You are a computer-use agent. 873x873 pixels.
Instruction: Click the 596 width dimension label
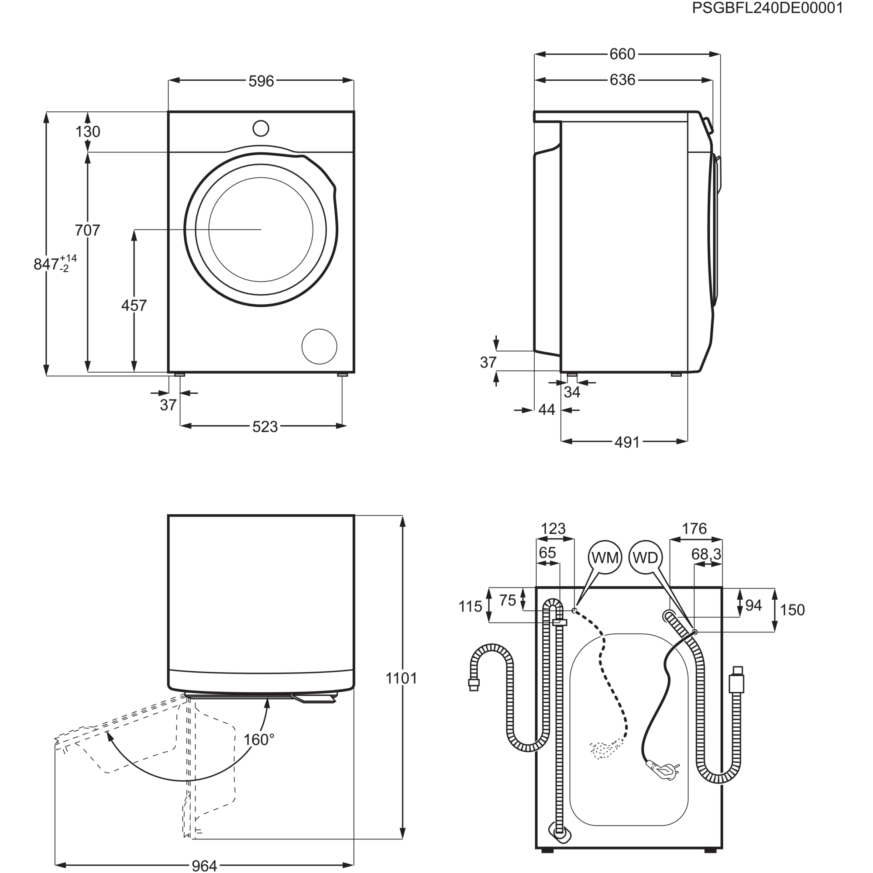[x=261, y=81]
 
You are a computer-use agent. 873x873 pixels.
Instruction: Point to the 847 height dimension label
[x=47, y=264]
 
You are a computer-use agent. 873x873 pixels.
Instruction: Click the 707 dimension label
[x=88, y=230]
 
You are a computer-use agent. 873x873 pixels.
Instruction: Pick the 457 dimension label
[x=134, y=306]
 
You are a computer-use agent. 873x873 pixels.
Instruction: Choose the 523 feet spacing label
[x=265, y=426]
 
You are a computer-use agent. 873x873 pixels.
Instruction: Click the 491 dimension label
[x=628, y=441]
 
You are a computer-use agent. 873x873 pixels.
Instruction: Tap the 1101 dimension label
[x=402, y=678]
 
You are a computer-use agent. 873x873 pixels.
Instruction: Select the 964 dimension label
[x=204, y=865]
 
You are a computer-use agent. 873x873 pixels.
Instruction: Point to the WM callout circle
[x=605, y=557]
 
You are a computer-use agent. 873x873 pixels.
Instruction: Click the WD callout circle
[x=645, y=557]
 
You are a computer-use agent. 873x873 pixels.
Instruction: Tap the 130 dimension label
[x=88, y=132]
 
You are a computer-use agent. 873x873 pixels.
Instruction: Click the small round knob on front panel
[x=261, y=127]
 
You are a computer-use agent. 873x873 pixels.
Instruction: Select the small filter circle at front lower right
[x=320, y=347]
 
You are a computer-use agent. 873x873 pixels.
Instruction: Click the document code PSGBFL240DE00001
[x=767, y=9]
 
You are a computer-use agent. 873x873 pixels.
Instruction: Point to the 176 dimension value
[x=694, y=528]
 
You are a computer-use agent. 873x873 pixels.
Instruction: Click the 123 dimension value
[x=553, y=528]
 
